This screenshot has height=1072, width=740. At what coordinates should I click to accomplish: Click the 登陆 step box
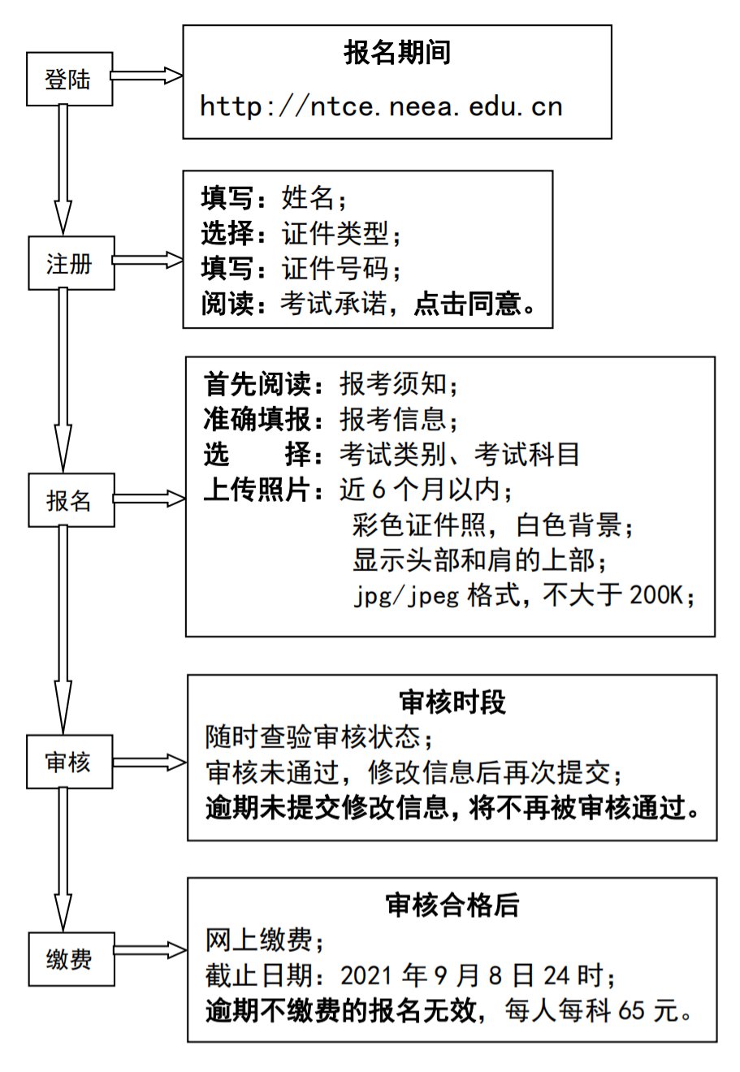tap(69, 79)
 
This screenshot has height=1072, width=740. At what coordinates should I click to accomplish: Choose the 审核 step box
tap(69, 762)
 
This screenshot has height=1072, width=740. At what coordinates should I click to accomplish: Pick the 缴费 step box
tap(71, 959)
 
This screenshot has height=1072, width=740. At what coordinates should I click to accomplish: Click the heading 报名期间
tap(396, 54)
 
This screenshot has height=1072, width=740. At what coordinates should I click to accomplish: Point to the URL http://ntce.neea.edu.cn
tap(381, 106)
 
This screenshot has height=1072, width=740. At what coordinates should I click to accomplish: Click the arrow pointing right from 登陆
tap(146, 76)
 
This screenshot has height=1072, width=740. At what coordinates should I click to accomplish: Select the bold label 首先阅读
tap(256, 383)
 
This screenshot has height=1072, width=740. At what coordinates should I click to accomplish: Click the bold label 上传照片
tap(256, 490)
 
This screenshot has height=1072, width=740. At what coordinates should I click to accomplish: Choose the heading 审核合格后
tap(452, 905)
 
